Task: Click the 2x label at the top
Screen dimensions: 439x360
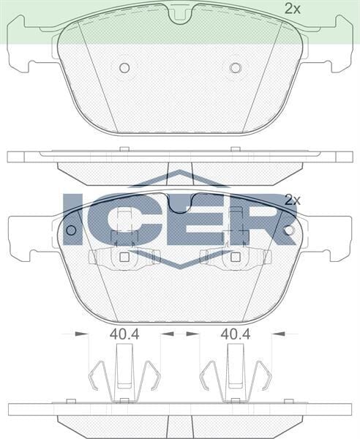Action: (x=293, y=9)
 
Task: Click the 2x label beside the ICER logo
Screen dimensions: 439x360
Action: (x=293, y=199)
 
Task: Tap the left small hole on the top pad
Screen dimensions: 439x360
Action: (x=124, y=68)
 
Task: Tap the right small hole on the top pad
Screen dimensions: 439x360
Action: (x=235, y=68)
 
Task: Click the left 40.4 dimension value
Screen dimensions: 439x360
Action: (x=124, y=334)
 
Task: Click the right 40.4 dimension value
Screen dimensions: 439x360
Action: (x=236, y=334)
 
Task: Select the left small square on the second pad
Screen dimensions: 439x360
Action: (x=124, y=257)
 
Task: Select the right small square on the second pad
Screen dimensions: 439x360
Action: (x=235, y=257)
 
